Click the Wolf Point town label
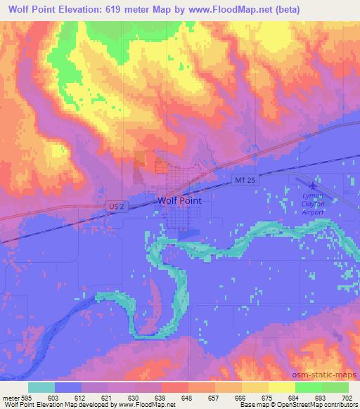179,200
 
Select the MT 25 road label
241,181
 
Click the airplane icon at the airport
312,179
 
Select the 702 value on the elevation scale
347,398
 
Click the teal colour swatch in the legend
41,387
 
